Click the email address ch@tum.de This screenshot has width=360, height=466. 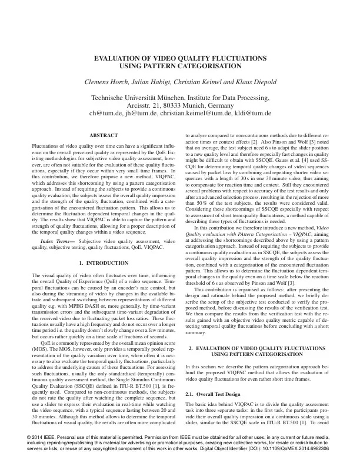pos(102,113)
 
